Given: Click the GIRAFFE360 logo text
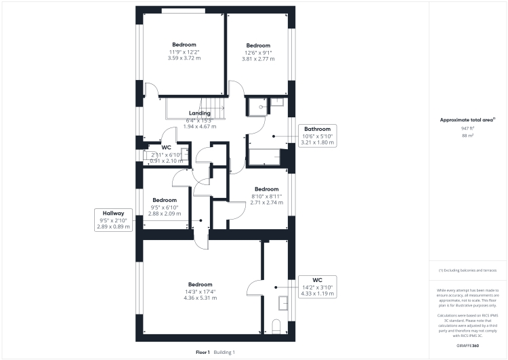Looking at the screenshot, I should (468, 347).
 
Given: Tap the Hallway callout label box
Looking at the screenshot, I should (113, 220).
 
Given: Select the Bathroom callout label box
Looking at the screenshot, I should (317, 136).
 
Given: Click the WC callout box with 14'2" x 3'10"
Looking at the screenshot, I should (317, 287).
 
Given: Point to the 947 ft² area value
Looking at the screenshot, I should (467, 128).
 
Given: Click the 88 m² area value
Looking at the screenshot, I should (467, 136).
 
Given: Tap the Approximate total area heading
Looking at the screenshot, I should (467, 120).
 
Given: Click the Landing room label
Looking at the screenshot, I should (200, 113).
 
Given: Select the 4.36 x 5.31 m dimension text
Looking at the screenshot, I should (200, 298).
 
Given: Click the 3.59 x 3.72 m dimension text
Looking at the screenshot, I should (184, 58).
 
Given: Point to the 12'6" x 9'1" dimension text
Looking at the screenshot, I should (258, 52).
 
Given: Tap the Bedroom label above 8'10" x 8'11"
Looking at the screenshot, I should (266, 189).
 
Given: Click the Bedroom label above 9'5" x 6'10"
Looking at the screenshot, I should (165, 200).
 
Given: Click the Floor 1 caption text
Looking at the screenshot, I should (203, 353).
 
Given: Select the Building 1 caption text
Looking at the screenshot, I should (224, 353).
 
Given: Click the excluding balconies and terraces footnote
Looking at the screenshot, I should (467, 271).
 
